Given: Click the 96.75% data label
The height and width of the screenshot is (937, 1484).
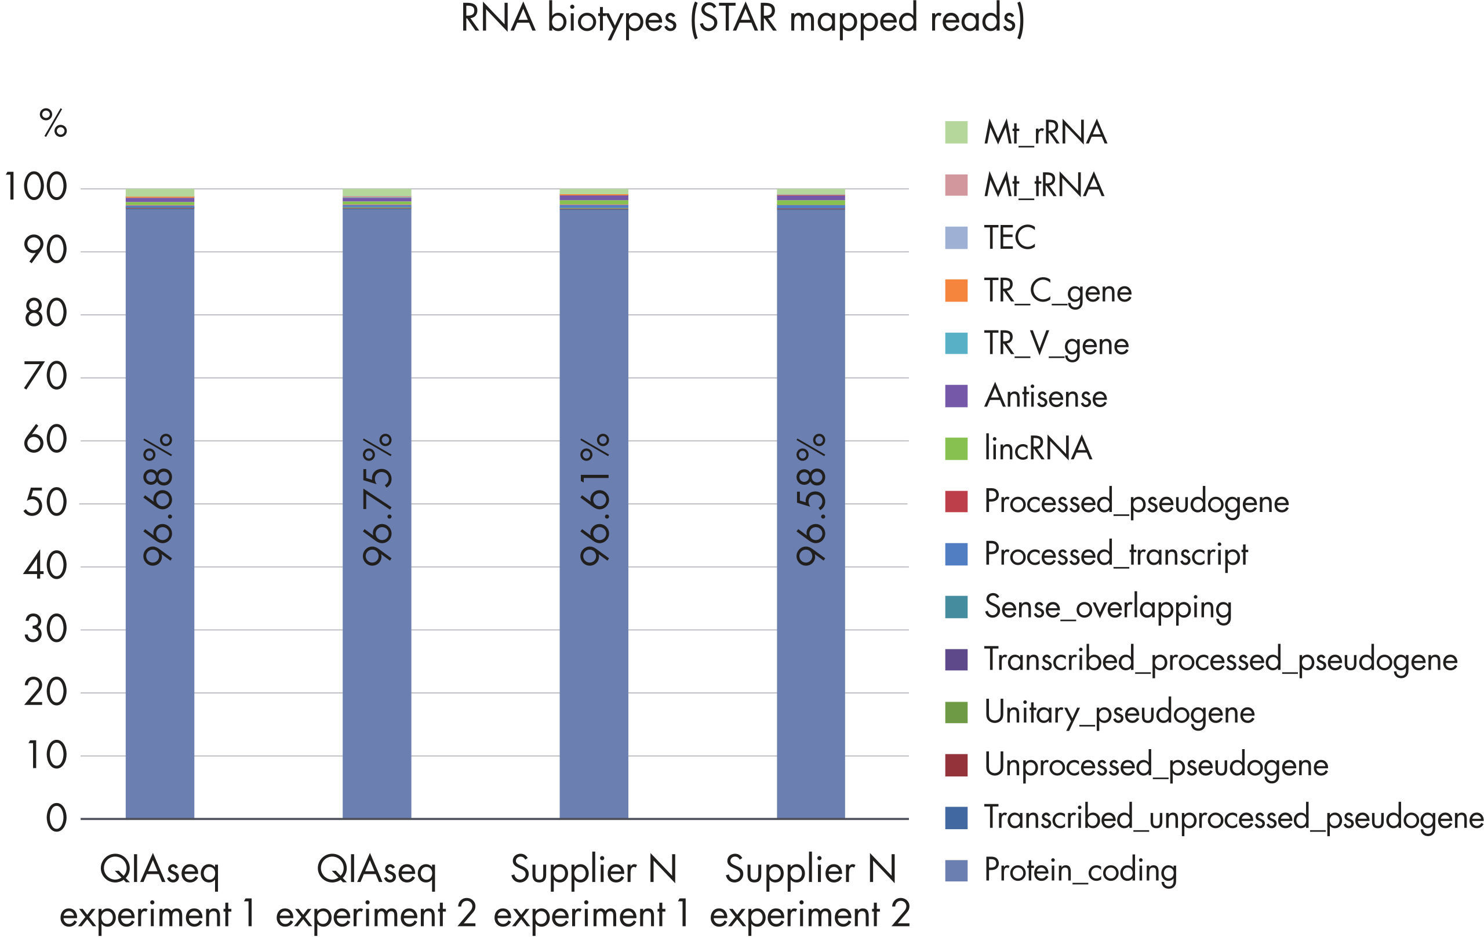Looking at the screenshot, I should [377, 499].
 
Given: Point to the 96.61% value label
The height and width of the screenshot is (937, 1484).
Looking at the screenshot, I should [595, 499].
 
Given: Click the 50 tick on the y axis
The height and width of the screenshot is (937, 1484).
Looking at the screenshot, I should [45, 503].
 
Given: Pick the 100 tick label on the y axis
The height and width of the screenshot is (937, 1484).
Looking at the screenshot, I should [36, 187].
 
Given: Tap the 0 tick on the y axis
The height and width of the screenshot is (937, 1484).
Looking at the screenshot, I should [56, 819].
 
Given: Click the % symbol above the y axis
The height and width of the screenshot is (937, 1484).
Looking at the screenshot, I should [53, 124].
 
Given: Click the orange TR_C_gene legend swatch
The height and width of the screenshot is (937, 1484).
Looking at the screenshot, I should [956, 291].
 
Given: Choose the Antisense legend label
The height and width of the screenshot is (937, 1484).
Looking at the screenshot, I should [1045, 397].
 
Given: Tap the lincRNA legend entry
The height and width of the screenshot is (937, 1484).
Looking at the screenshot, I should [1038, 449].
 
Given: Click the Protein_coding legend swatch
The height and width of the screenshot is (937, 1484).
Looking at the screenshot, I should [956, 870].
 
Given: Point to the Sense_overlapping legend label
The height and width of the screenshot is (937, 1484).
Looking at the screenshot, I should [1107, 607].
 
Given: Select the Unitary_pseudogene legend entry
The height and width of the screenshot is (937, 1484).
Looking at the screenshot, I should [1119, 713].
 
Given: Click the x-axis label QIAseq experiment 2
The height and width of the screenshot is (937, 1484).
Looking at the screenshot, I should [376, 891].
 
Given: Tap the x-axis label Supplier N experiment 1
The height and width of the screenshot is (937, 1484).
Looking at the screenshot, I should [593, 891].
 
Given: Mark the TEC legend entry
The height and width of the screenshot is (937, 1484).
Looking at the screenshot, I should [1009, 238].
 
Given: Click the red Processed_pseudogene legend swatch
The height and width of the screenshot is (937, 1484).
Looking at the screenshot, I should [956, 501].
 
